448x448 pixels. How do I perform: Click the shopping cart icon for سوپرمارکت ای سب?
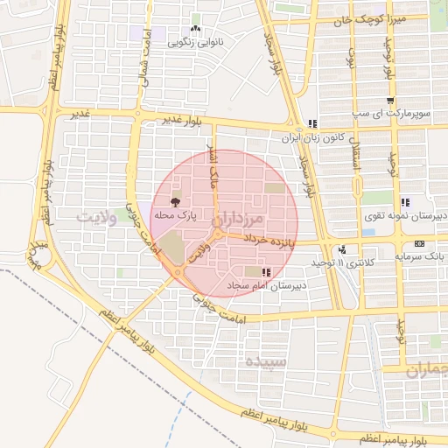point(390,101)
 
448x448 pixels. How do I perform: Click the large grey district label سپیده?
point(266,360)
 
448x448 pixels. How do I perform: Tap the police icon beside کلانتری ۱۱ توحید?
point(342,249)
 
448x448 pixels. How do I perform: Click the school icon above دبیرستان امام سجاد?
point(265,273)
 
